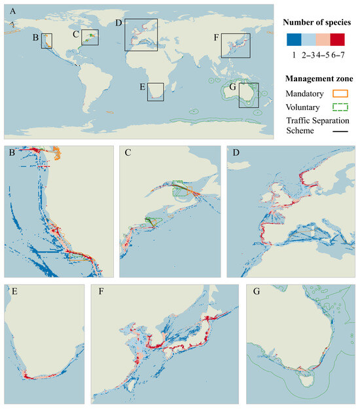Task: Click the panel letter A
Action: (x=10, y=10)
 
